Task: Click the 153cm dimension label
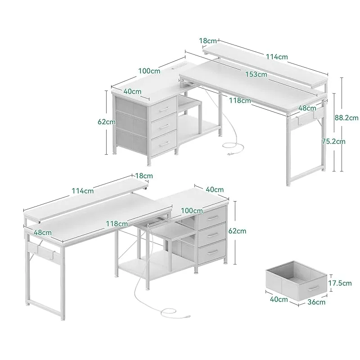pyautogui.click(x=256, y=74)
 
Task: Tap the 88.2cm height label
pyautogui.click(x=346, y=117)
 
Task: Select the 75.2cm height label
pyautogui.click(x=333, y=141)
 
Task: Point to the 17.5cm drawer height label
pyautogui.click(x=340, y=283)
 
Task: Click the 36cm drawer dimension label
pyautogui.click(x=316, y=302)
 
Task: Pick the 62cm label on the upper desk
pyautogui.click(x=107, y=121)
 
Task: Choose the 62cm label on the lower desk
pyautogui.click(x=237, y=231)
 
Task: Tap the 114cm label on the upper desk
pyautogui.click(x=277, y=57)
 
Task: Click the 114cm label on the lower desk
pyautogui.click(x=83, y=191)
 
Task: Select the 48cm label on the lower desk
pyautogui.click(x=43, y=232)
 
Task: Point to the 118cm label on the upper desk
pyautogui.click(x=240, y=100)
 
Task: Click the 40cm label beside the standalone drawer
pyautogui.click(x=279, y=299)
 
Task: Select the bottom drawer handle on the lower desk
pyautogui.click(x=212, y=252)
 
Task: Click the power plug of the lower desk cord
pyautogui.click(x=188, y=317)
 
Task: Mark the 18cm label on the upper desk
pyautogui.click(x=208, y=41)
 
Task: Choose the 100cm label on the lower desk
pyautogui.click(x=192, y=211)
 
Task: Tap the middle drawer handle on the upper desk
pyautogui.click(x=164, y=126)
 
